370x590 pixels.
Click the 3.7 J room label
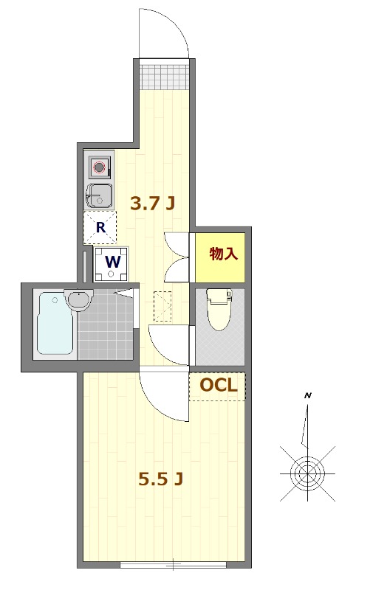[x=152, y=204]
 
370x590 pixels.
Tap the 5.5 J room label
[x=161, y=479]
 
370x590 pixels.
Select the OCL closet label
[x=218, y=385]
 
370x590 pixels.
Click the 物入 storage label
[x=224, y=254]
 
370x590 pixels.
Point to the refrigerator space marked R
[x=100, y=227]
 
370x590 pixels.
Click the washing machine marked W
[x=112, y=264]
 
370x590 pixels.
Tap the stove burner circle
[x=99, y=167]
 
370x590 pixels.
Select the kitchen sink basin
[x=100, y=195]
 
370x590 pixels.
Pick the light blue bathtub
[x=55, y=323]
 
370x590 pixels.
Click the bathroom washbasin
[x=78, y=300]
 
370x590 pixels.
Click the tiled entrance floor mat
[x=164, y=77]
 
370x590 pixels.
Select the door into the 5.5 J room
[x=164, y=396]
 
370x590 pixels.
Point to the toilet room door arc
[x=168, y=345]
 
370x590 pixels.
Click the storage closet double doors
[x=177, y=257]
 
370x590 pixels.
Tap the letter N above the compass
[x=308, y=395]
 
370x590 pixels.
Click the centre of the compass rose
[x=307, y=473]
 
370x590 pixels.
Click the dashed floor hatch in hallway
[x=162, y=306]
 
